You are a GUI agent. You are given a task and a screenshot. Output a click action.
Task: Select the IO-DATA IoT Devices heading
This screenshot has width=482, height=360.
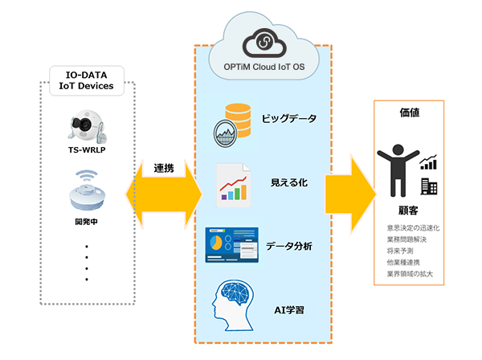pyautogui.click(x=88, y=81)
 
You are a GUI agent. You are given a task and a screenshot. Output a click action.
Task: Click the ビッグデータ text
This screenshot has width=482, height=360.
pyautogui.click(x=289, y=120)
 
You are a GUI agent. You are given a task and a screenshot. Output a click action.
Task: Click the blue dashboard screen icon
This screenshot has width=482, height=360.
pyautogui.click(x=231, y=245)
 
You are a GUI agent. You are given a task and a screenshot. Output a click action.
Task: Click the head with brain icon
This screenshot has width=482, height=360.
pyautogui.click(x=234, y=302)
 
